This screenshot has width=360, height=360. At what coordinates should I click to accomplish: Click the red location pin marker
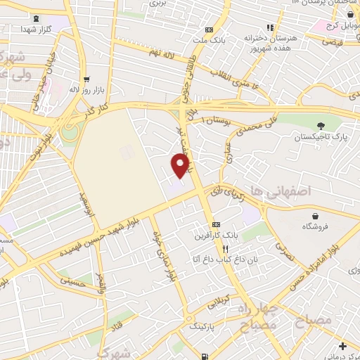click(x=181, y=165)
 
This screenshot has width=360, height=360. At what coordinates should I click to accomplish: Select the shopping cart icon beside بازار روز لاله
click(x=86, y=79)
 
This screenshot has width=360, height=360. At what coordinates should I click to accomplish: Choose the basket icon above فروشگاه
click(x=316, y=215)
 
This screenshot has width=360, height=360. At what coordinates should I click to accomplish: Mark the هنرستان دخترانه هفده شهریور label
click(x=270, y=41)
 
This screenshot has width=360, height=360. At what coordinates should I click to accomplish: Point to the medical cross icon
click(x=342, y=345)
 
